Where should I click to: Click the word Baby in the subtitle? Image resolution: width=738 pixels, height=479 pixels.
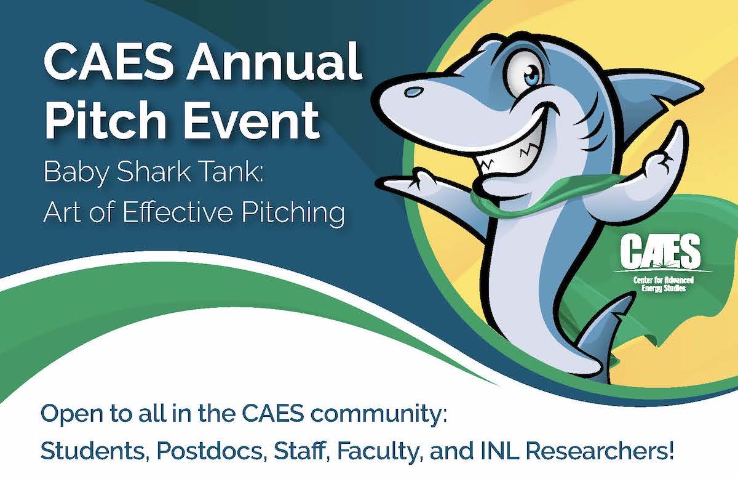[76, 173]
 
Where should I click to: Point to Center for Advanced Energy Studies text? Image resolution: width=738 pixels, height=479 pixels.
[664, 284]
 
